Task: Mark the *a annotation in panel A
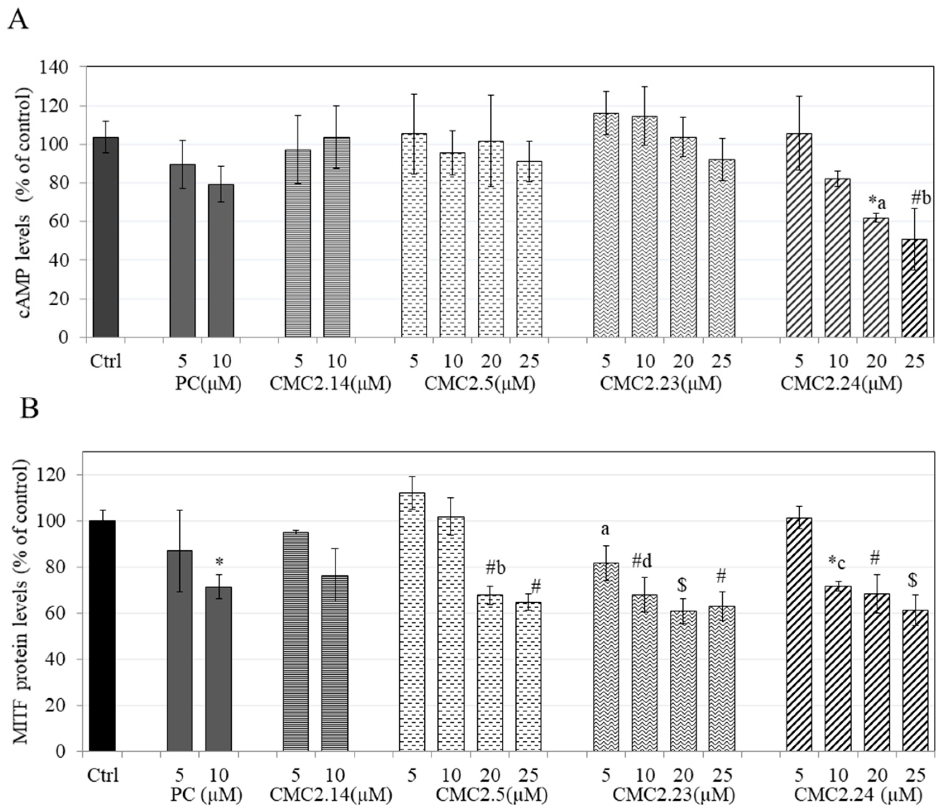pos(877,202)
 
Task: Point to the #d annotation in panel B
pos(642,562)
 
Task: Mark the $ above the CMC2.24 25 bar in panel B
pos(913,581)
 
